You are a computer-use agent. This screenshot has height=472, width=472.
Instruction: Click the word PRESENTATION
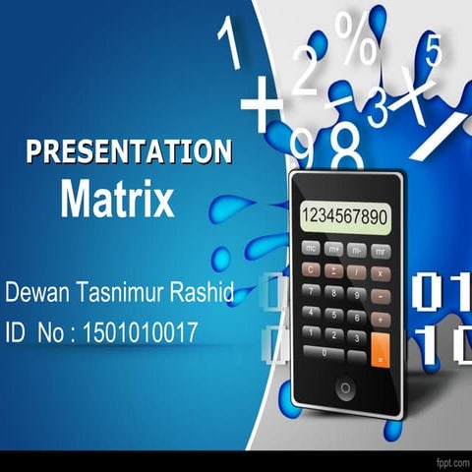(129, 151)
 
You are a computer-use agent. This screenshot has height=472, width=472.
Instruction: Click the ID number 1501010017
(141, 334)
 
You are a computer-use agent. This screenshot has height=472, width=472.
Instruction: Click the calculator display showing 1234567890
(345, 216)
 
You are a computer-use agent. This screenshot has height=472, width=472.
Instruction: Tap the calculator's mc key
(311, 250)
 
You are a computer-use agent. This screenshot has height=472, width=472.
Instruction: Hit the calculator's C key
(311, 270)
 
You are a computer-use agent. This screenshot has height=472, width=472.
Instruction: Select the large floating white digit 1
(230, 45)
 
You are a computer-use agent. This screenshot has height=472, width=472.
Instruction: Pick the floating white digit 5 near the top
(433, 47)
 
